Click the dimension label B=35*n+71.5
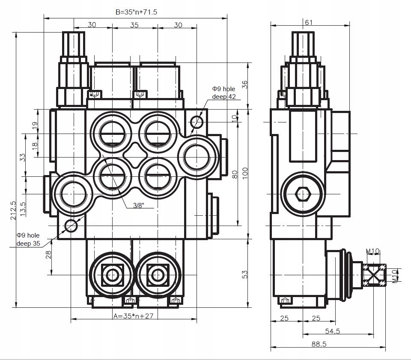[x=137, y=12]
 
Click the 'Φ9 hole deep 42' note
[x=223, y=92]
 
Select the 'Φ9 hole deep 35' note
[x=28, y=239]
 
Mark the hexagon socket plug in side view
[x=303, y=194]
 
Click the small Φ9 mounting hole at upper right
[x=197, y=122]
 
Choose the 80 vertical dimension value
[x=234, y=174]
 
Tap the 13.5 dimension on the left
[x=23, y=208]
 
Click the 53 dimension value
[x=245, y=274]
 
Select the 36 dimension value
[x=245, y=84]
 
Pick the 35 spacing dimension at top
[x=134, y=25]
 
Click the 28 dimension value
[x=48, y=254]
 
